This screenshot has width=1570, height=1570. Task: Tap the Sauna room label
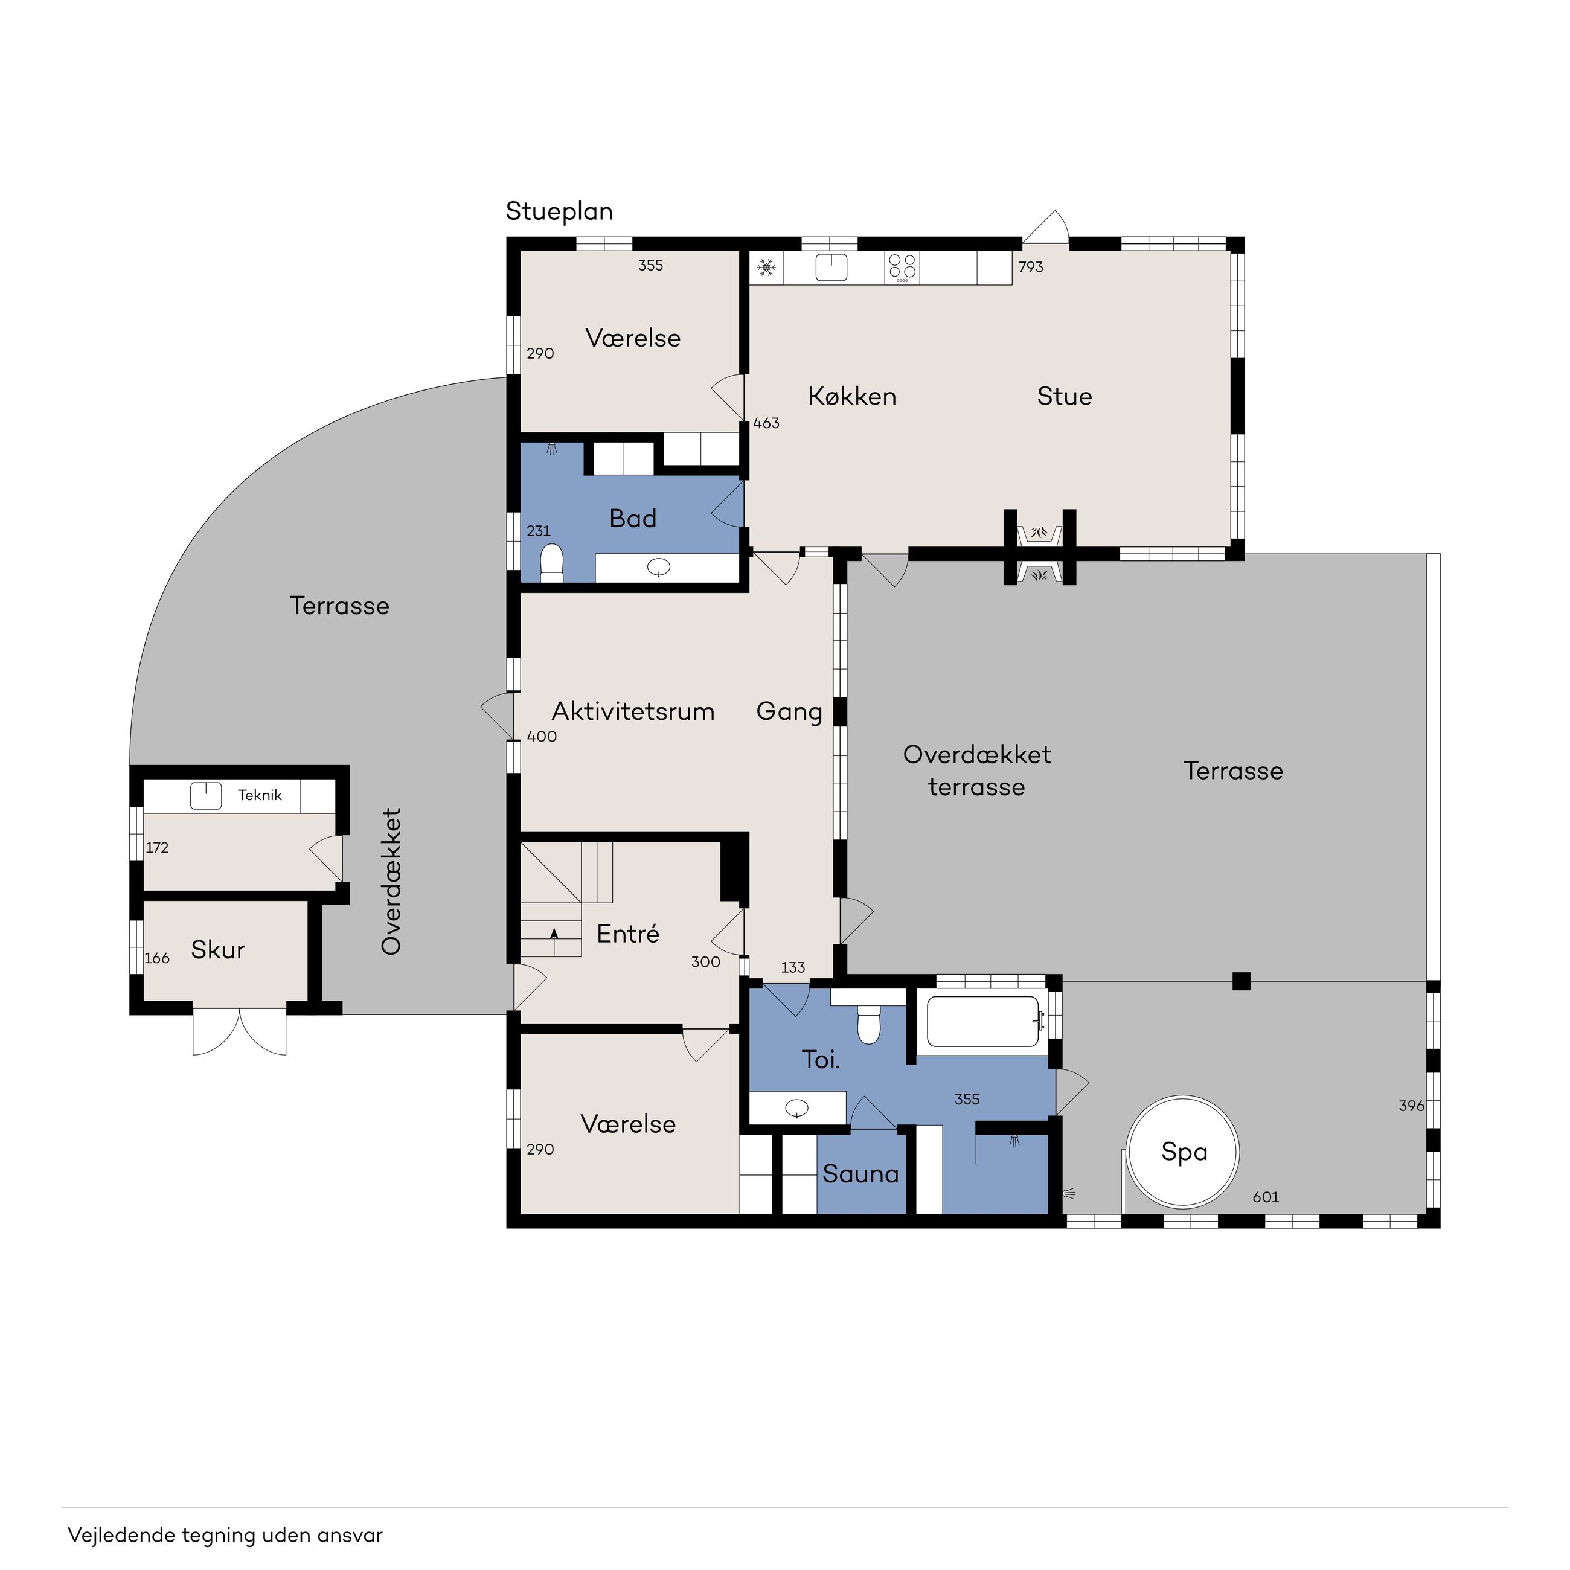860,1173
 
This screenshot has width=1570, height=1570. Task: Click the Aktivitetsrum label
633,711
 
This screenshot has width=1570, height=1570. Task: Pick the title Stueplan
559,211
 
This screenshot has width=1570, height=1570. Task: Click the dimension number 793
1030,266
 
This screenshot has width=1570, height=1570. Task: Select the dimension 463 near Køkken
766,423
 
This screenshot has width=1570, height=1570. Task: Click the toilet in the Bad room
552,562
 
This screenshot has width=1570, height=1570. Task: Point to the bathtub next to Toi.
984,1022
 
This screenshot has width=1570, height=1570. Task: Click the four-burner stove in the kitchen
902,268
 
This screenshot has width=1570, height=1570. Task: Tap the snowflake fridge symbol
766,266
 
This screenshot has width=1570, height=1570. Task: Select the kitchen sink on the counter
831,266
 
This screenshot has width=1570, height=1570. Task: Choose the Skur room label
218,949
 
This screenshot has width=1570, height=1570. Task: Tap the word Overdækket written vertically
392,881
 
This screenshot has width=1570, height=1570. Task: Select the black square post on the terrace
1241,981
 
